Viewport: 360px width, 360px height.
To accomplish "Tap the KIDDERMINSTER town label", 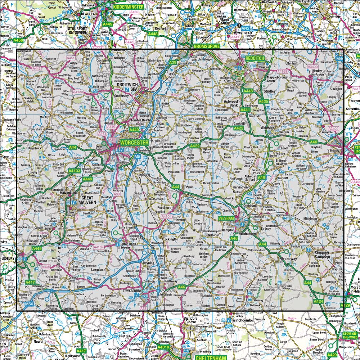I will [128, 7].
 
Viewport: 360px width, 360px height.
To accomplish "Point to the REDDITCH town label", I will [255, 58].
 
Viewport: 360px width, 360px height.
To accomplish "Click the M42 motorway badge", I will [245, 28].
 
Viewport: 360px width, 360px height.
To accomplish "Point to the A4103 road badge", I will [74, 171].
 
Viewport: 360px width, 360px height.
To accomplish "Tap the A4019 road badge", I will [163, 347].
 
